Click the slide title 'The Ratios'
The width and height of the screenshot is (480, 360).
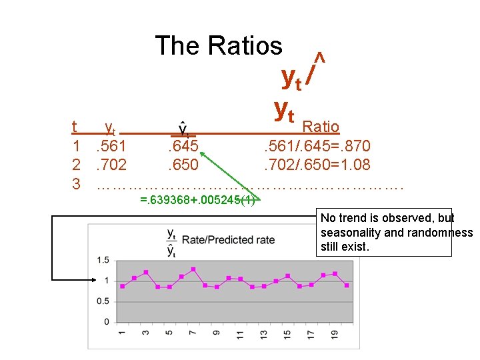click(219, 45)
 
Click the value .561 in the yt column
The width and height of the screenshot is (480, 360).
click(111, 146)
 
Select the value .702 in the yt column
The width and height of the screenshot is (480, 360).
click(111, 165)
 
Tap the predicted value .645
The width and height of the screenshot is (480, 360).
click(182, 146)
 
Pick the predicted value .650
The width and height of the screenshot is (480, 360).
click(182, 165)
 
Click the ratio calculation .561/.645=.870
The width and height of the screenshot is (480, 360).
click(317, 146)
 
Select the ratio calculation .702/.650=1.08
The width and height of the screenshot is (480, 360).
click(317, 165)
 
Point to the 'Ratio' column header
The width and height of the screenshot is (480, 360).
click(321, 126)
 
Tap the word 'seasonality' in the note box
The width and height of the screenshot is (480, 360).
click(347, 233)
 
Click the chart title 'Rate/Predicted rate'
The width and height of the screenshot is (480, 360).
click(228, 240)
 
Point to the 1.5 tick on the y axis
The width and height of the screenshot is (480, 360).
click(103, 260)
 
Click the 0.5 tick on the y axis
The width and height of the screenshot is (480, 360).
click(103, 301)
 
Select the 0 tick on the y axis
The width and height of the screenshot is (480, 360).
click(107, 322)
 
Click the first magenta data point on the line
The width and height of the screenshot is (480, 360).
click(122, 286)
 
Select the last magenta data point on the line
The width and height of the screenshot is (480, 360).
click(347, 285)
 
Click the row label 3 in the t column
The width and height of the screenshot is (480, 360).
click(76, 183)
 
